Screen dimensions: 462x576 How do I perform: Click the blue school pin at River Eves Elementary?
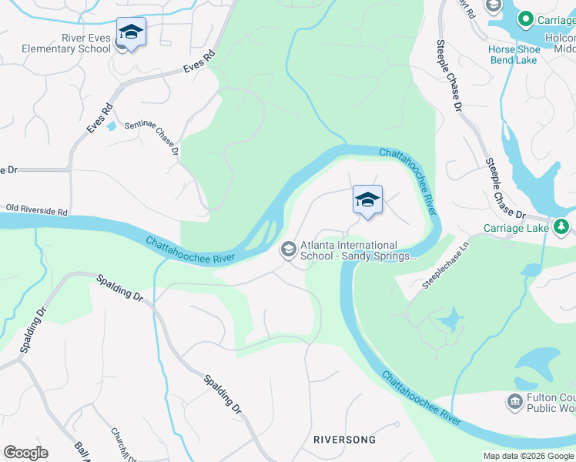131,33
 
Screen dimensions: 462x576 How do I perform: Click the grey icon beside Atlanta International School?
289,248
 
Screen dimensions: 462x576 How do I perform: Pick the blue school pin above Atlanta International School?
367,200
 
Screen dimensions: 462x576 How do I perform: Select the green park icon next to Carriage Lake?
562,226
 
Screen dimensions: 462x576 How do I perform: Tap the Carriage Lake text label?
516,228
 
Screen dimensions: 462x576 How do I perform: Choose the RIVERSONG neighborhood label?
345,440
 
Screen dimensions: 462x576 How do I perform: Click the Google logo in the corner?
25,453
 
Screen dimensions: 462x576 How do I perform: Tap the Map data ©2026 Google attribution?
528,456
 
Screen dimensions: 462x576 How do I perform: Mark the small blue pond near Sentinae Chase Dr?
112,126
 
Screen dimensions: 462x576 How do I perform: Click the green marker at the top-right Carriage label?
526,18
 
